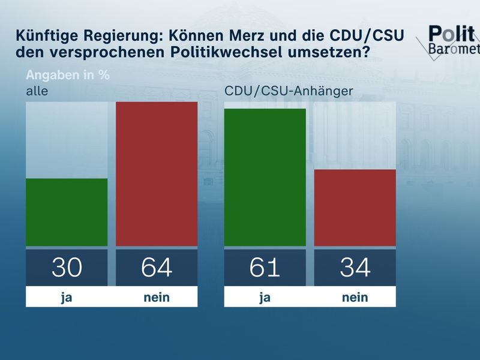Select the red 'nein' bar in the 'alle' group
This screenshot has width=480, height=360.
[x=157, y=174]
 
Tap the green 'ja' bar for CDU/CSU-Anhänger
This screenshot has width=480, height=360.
[x=265, y=177]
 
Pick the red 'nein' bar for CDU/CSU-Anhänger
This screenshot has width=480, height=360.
[x=355, y=208]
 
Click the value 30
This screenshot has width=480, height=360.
[x=67, y=267]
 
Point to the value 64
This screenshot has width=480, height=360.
[x=157, y=267]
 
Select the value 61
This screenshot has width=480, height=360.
[x=265, y=267]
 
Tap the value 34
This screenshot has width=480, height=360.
[x=355, y=267]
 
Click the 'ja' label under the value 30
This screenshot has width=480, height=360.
[x=67, y=297]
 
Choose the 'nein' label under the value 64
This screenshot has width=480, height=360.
[x=157, y=297]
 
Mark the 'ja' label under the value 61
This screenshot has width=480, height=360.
[x=265, y=297]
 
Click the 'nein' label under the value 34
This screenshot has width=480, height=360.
[x=355, y=297]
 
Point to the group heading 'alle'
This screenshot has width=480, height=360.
[x=36, y=91]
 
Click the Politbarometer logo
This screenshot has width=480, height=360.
[x=453, y=41]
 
